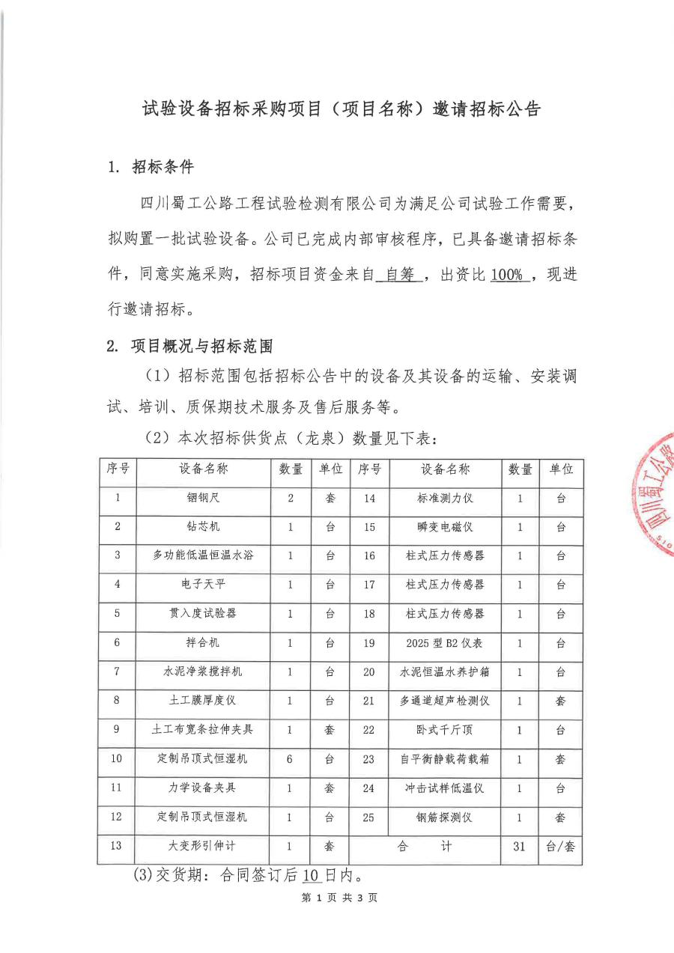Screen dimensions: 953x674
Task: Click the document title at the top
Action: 341,109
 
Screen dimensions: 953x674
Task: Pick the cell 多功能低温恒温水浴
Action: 203,555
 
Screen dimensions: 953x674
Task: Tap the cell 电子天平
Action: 203,585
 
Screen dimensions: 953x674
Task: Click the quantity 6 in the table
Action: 291,758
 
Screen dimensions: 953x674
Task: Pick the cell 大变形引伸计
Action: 203,846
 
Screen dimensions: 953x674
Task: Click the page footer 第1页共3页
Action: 339,898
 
